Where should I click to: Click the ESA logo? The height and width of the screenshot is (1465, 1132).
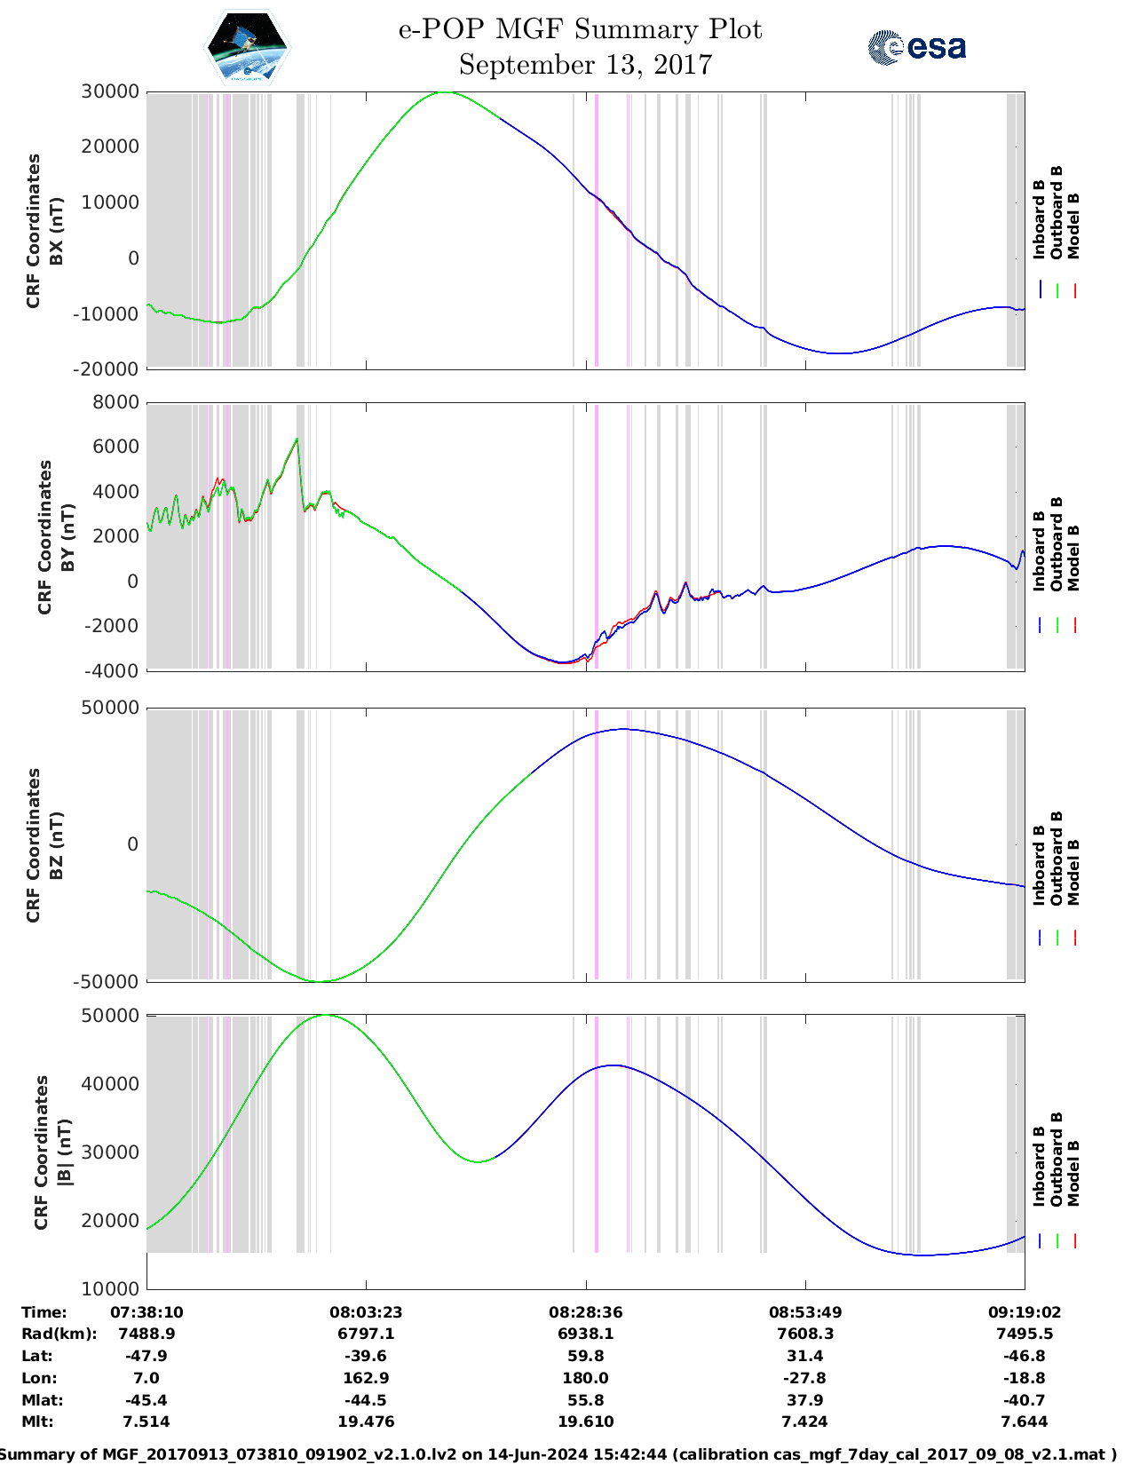(x=917, y=46)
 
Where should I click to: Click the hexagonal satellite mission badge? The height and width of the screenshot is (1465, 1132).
(x=247, y=47)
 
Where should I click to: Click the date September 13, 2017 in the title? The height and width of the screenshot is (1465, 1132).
(x=585, y=65)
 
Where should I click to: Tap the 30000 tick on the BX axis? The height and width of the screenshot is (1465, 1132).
(x=110, y=91)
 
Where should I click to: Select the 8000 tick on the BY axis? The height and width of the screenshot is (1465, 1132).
(x=115, y=402)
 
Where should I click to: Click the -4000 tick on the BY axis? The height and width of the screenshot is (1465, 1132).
(x=112, y=671)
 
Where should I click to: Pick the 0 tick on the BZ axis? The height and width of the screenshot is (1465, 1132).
(x=132, y=844)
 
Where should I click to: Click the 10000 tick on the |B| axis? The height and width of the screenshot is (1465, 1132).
(x=110, y=1288)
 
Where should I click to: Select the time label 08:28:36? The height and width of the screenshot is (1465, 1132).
(x=585, y=1312)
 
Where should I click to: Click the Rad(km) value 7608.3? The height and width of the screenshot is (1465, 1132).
(x=805, y=1334)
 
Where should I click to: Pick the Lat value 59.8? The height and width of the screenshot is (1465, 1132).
(x=585, y=1356)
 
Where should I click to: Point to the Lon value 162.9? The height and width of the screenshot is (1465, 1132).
(x=366, y=1378)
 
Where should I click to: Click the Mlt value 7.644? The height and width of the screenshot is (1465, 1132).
(x=1024, y=1421)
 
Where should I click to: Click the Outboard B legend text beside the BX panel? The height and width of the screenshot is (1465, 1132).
(x=1056, y=213)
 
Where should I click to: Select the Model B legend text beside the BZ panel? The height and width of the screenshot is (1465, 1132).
(x=1073, y=872)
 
